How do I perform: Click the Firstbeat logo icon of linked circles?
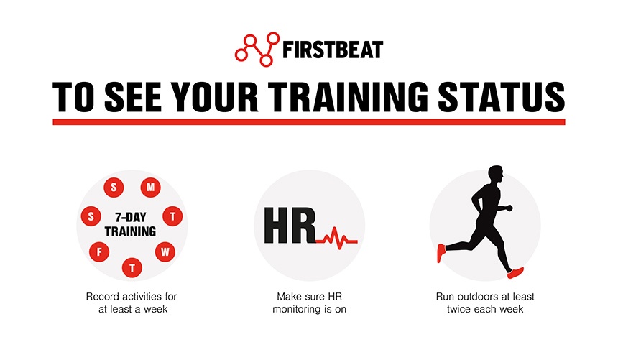click(x=257, y=49)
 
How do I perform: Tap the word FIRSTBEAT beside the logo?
click(x=333, y=50)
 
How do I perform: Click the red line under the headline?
click(x=309, y=122)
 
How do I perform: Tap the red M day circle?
click(x=151, y=188)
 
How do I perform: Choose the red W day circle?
click(x=165, y=251)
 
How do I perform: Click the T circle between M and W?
click(x=173, y=216)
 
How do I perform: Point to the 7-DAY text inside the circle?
click(x=130, y=216)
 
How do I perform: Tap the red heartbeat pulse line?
click(x=337, y=237)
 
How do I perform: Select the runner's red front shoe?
click(x=515, y=272)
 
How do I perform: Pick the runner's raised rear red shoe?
click(x=441, y=252)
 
